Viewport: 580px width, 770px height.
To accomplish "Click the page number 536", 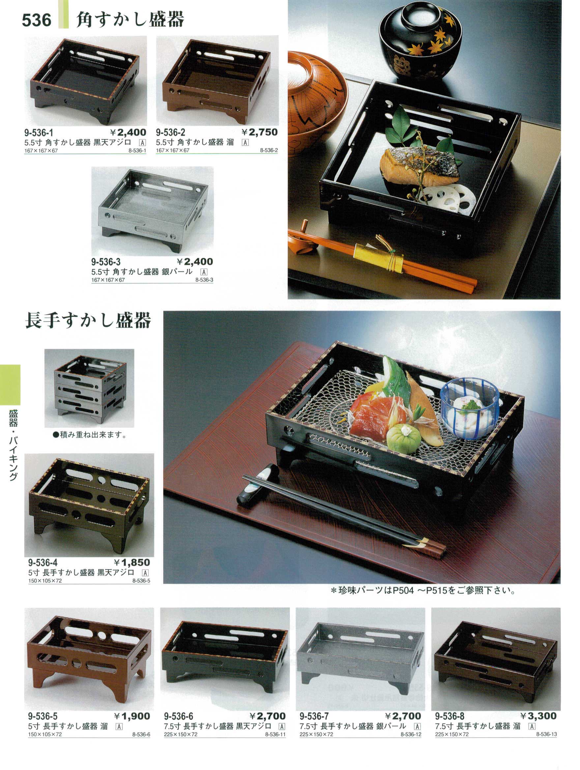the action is pos(37,20).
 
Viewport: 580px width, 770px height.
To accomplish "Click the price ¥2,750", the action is pos(260,132).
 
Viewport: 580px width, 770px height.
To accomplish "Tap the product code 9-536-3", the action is pos(106,261).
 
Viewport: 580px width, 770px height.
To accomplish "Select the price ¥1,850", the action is pos(132,563).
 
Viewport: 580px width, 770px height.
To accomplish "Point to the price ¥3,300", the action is pos(538,716).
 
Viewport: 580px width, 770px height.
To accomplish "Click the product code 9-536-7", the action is pos(314,716).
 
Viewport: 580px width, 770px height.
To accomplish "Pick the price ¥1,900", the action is pos(132,716).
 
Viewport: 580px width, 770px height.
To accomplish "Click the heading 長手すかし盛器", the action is pos(88,320).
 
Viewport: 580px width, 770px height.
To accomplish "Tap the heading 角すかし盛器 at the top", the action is pos(130,19).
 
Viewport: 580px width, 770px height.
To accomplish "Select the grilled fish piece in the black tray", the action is pos(419,166).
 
